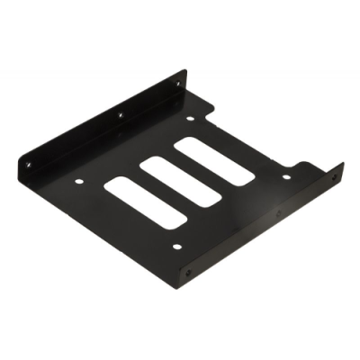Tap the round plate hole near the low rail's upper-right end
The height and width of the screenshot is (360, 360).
point(286,176)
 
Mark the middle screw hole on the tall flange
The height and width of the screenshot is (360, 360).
point(120,114)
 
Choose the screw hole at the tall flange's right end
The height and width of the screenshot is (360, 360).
point(179,84)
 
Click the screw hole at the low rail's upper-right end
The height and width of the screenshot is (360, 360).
point(334,177)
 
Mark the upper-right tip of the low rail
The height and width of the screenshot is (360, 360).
point(343,163)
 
